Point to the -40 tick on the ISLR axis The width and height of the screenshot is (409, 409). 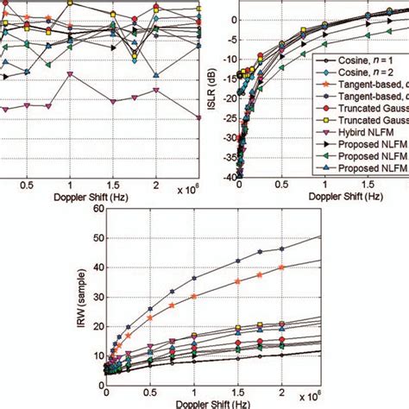coord(228,177)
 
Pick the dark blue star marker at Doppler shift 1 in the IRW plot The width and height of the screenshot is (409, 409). coord(194,278)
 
